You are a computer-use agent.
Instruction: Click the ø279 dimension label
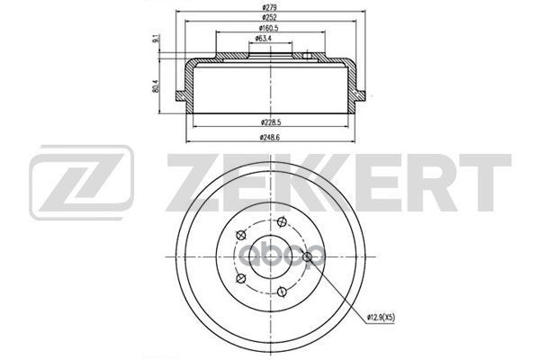coord(269,7)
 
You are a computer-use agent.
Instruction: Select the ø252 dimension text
coord(269,17)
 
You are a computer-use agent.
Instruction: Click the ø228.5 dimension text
coord(271,122)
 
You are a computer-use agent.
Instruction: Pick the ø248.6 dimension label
coord(270,138)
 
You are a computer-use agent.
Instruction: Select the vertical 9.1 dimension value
coord(156,39)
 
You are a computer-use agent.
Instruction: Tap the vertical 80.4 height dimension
coord(156,86)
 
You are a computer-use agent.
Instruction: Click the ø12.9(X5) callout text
coord(381,318)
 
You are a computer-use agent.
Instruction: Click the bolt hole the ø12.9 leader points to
coord(307,256)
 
